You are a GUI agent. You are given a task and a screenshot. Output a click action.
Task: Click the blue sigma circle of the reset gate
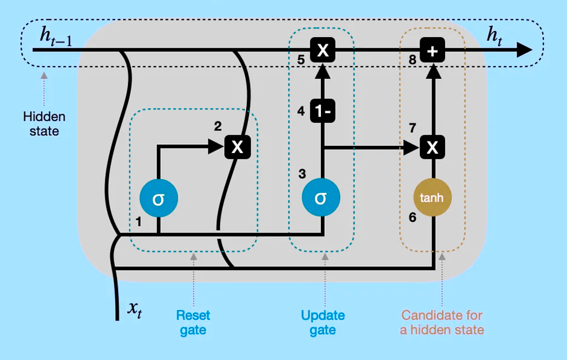click(x=159, y=199)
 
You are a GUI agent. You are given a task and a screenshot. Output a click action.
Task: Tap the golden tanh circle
click(x=433, y=197)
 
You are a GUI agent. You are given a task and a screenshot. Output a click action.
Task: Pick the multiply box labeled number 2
click(x=237, y=147)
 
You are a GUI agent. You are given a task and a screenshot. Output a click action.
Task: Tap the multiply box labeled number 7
click(x=433, y=147)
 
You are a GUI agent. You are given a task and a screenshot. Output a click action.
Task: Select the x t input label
click(x=134, y=310)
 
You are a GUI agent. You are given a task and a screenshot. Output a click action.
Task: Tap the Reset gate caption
click(x=193, y=323)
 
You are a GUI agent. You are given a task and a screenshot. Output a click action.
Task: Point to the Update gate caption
click(x=323, y=323)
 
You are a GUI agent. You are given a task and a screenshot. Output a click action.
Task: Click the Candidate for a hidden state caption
click(x=442, y=323)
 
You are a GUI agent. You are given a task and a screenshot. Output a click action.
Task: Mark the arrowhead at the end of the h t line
click(x=524, y=50)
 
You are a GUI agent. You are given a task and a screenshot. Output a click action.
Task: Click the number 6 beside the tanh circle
click(x=412, y=218)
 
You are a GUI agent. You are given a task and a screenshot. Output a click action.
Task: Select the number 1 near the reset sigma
click(x=139, y=222)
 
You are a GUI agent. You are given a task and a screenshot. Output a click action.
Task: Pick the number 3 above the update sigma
click(x=302, y=174)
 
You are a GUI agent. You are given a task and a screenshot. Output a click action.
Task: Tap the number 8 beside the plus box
click(x=412, y=60)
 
